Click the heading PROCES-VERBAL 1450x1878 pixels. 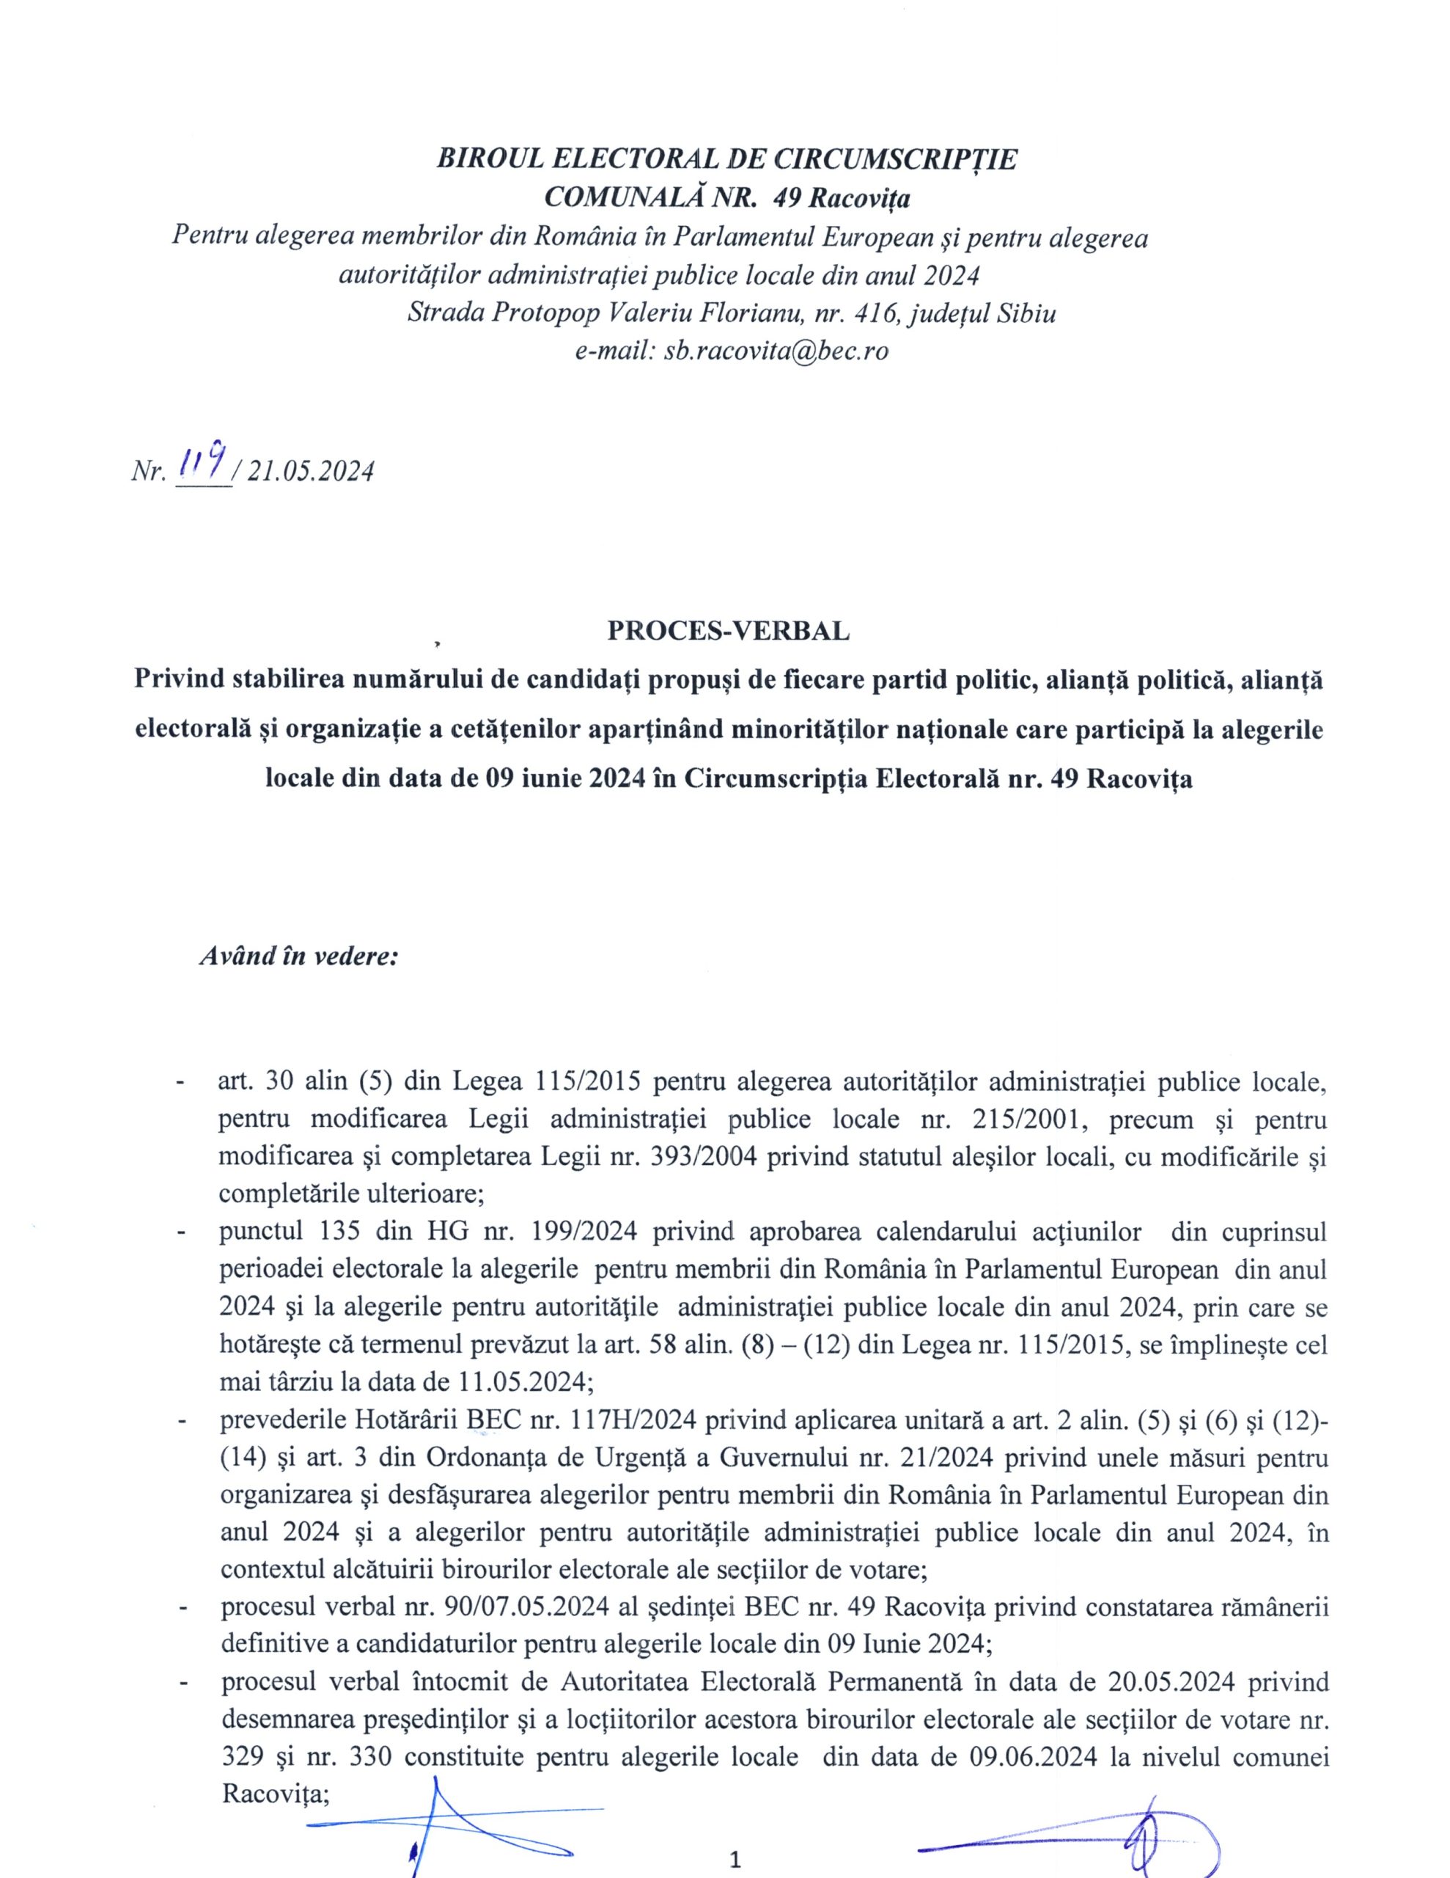728,630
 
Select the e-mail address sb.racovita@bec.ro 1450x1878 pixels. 776,351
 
